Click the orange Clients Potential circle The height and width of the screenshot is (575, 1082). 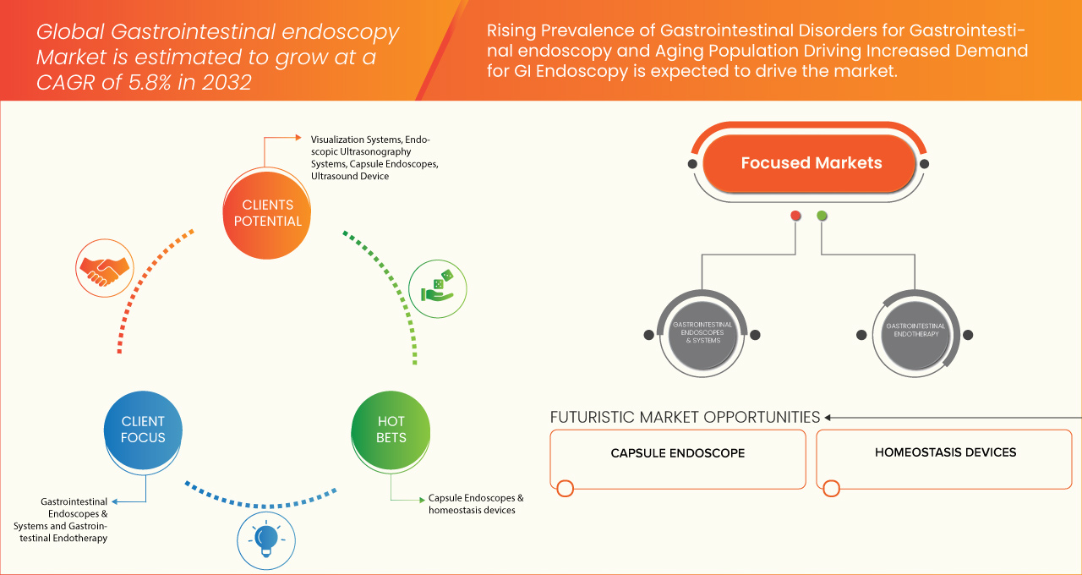point(266,214)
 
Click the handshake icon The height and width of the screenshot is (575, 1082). point(104,268)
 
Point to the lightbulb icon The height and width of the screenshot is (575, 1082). point(266,540)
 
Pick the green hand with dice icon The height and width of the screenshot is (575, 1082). point(438,289)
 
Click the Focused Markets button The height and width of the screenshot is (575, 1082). point(810,163)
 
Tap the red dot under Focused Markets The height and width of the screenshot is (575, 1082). point(795,216)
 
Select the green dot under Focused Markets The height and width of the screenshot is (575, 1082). point(822,216)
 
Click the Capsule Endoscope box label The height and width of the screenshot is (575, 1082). point(678,453)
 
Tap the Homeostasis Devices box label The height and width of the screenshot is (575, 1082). point(945,452)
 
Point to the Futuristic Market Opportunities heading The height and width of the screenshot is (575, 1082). point(685,417)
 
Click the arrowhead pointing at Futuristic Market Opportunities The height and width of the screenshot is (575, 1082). point(828,418)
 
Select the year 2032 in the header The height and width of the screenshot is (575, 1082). point(227,82)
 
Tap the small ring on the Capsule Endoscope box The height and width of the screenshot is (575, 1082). point(566,488)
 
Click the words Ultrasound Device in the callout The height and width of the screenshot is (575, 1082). point(350,177)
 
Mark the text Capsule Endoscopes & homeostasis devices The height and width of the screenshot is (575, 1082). point(476,504)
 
